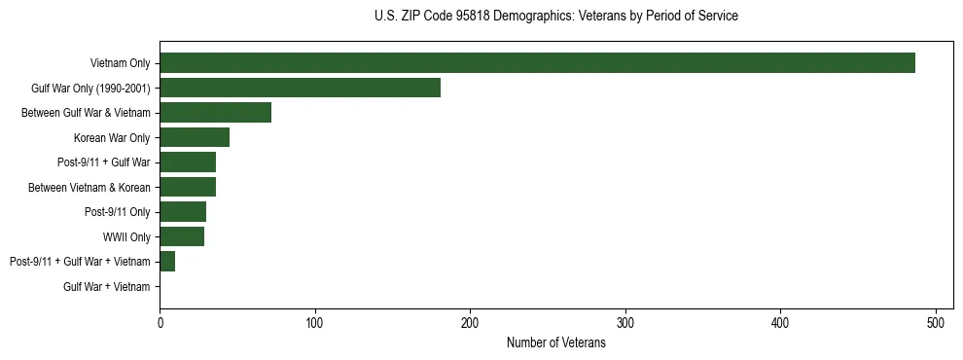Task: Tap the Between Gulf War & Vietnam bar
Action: click(x=215, y=113)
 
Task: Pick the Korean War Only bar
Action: click(x=195, y=137)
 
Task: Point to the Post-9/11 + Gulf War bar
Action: click(x=188, y=162)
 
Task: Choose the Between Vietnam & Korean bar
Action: click(x=188, y=187)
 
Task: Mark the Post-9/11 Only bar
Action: click(x=183, y=212)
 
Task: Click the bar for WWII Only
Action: click(x=182, y=236)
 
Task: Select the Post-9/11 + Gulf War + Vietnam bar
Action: click(x=167, y=262)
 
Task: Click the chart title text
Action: click(x=555, y=16)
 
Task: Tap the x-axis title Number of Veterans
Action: click(x=555, y=343)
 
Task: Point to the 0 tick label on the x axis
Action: click(x=160, y=323)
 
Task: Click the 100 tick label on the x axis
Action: click(x=314, y=323)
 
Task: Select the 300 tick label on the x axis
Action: click(x=625, y=323)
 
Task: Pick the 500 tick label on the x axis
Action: click(x=936, y=323)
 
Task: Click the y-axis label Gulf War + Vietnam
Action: click(x=106, y=286)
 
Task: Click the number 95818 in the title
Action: click(x=475, y=16)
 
